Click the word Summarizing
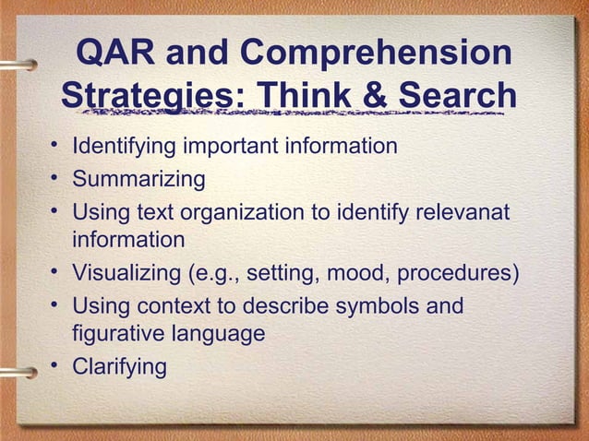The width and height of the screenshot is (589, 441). (138, 178)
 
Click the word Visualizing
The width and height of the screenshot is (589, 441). (126, 274)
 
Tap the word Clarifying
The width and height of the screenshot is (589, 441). (120, 367)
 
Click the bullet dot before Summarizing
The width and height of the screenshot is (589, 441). (57, 177)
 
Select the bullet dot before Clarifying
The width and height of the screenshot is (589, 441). (57, 365)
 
